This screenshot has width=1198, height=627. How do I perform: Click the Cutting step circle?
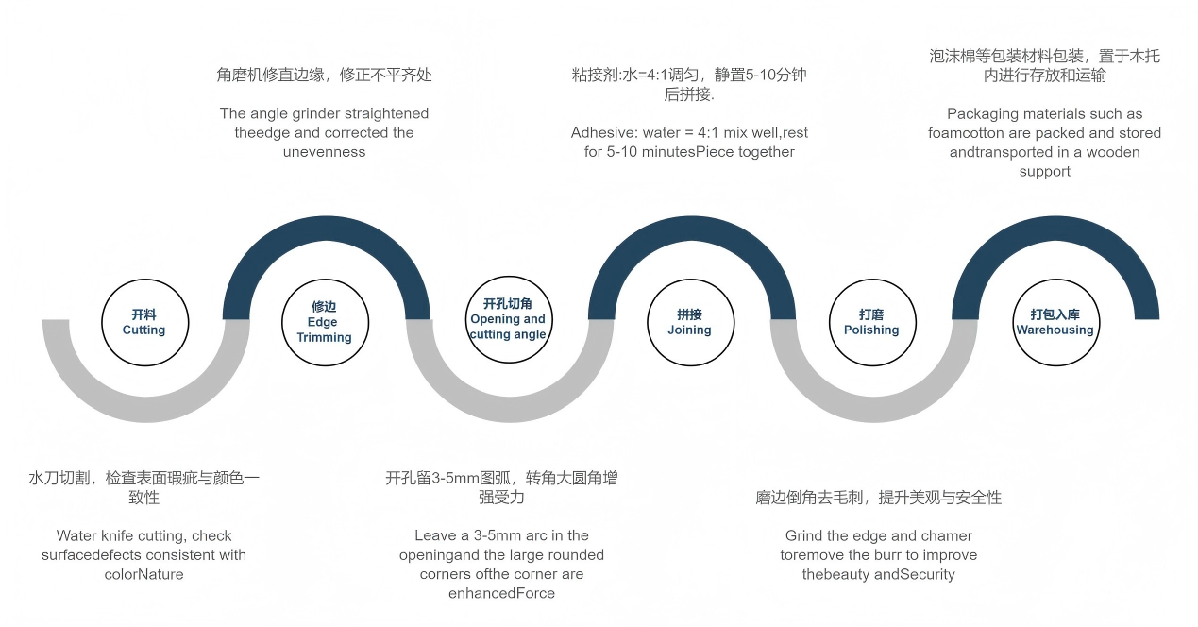(x=145, y=323)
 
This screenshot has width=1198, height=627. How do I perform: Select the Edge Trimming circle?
(x=325, y=323)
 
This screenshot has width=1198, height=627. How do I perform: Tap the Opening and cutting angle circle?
(x=509, y=319)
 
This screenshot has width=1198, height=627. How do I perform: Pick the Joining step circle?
(x=690, y=323)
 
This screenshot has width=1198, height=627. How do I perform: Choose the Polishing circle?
(x=872, y=323)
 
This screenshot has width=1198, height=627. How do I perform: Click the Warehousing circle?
(x=1056, y=323)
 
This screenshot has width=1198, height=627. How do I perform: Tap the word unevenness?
(x=324, y=152)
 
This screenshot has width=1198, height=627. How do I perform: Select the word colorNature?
(x=143, y=574)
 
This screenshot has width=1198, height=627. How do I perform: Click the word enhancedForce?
(x=501, y=593)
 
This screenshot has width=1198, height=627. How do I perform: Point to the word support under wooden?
(x=1044, y=172)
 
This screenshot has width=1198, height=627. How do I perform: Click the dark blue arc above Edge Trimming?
(x=327, y=229)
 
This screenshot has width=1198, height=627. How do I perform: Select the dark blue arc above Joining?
(x=692, y=229)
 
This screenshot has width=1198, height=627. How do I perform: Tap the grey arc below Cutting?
(x=146, y=410)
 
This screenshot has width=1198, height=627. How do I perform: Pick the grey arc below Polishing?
(x=873, y=410)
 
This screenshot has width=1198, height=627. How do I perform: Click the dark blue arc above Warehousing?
(x=1055, y=229)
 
